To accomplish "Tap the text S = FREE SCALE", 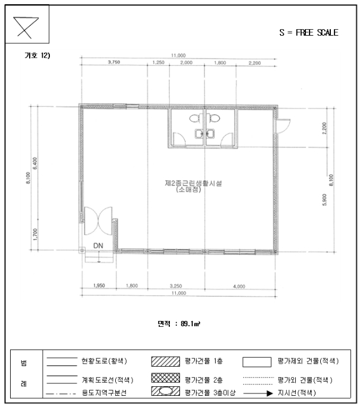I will [308, 33].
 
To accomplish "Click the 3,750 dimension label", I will [114, 62].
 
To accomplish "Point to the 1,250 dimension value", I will [159, 62].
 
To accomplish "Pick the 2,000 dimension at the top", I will [186, 62].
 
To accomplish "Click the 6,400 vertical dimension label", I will [35, 163].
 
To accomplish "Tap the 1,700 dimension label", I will [35, 235].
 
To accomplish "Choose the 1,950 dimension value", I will [99, 286].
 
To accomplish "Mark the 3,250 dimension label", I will [176, 286].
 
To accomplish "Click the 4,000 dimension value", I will [239, 286].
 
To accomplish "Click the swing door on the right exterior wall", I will [283, 126].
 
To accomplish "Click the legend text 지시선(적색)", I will [295, 393].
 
